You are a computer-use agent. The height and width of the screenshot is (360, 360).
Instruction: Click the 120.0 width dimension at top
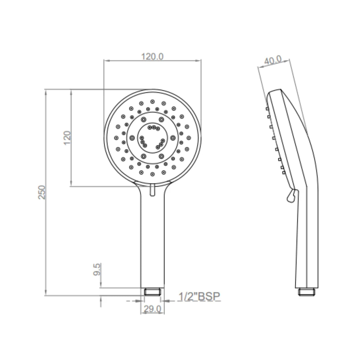[x=152, y=56]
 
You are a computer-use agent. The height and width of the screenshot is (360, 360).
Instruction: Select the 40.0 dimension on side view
[x=273, y=61]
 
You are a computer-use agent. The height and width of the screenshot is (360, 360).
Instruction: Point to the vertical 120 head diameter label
[x=67, y=137]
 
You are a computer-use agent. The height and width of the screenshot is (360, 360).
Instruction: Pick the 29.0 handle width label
[x=152, y=309]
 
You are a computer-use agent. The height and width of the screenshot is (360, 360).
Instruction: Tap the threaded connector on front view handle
[x=153, y=292]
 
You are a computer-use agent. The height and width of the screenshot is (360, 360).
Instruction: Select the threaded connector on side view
[x=307, y=292]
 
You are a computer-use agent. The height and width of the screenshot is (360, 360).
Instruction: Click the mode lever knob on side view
[x=291, y=195]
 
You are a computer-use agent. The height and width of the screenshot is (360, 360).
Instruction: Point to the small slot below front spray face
[x=152, y=190]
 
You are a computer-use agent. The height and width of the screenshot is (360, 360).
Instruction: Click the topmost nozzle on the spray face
[x=152, y=101]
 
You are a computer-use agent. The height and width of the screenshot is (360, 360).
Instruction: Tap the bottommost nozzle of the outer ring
[x=152, y=174]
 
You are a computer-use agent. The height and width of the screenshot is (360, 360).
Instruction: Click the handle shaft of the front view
[x=153, y=240]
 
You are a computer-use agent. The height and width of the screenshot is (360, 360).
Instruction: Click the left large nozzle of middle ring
[x=132, y=137]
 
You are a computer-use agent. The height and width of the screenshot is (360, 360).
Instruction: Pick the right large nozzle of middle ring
[x=173, y=137]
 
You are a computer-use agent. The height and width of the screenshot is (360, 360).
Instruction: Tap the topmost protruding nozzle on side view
[x=267, y=108]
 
